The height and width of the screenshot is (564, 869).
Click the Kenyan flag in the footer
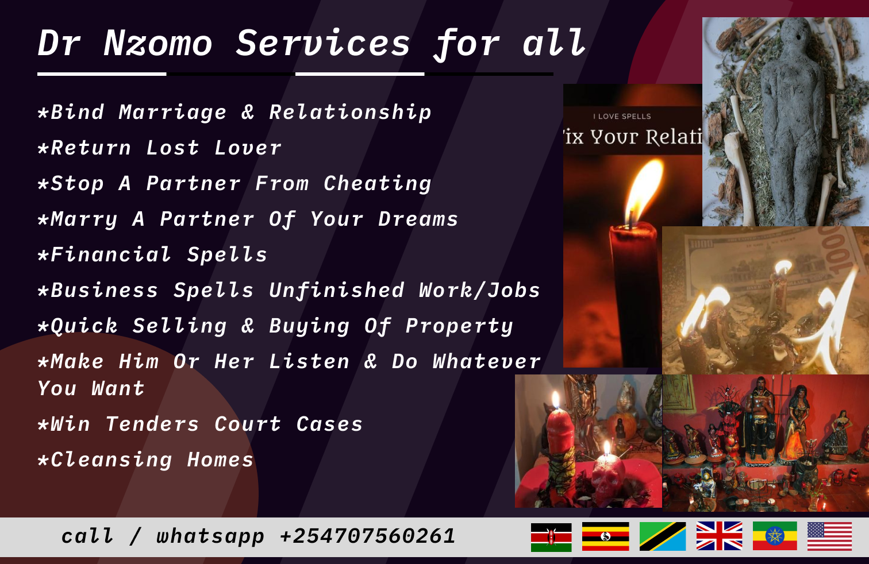pos(551,537)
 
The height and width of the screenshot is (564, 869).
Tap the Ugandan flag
pos(605,536)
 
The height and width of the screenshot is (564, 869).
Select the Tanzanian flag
pos(662,536)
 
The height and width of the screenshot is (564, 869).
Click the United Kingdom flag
pos(719,536)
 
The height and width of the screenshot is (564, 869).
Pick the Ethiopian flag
pos(775,536)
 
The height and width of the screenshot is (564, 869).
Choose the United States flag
pos(829,536)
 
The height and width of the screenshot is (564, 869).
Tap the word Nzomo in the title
pos(158,44)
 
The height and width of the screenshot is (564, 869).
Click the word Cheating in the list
pos(377,184)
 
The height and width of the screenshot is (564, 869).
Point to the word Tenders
pos(152,424)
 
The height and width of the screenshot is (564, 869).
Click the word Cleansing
pos(111,460)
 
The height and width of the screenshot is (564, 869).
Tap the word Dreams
pos(418,219)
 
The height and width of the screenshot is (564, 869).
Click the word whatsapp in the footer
pos(210,536)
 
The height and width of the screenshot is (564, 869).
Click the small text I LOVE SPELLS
pos(622,117)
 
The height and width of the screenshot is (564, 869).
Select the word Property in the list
pos(459,326)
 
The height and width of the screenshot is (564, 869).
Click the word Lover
pos(248,148)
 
